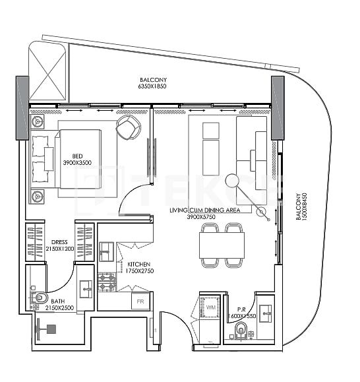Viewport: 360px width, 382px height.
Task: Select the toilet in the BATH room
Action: click(x=39, y=300)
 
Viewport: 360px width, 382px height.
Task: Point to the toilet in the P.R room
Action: click(x=241, y=330)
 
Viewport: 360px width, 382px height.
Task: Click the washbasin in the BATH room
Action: click(x=85, y=288)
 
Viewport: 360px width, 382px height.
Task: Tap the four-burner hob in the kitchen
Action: click(x=107, y=283)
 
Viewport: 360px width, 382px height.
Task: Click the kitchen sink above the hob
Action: click(x=107, y=251)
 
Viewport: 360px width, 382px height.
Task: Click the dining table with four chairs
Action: click(x=221, y=245)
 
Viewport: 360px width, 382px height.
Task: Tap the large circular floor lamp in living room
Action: click(x=232, y=180)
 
